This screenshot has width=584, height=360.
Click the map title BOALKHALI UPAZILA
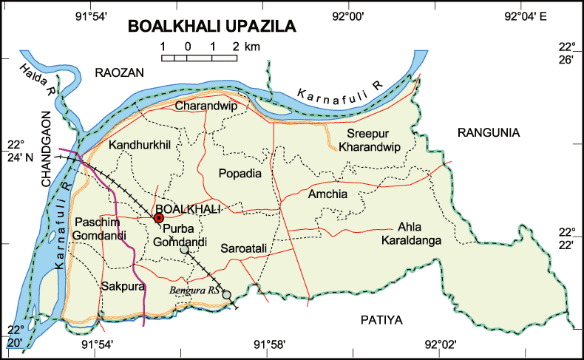click(211, 27)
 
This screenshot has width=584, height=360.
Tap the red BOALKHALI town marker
click(158, 218)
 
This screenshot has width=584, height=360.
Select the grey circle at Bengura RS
click(227, 295)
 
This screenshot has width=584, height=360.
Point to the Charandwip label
click(200, 106)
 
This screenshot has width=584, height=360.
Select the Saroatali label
click(244, 251)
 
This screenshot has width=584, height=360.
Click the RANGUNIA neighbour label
click(489, 133)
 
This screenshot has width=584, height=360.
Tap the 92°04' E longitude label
click(526, 16)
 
